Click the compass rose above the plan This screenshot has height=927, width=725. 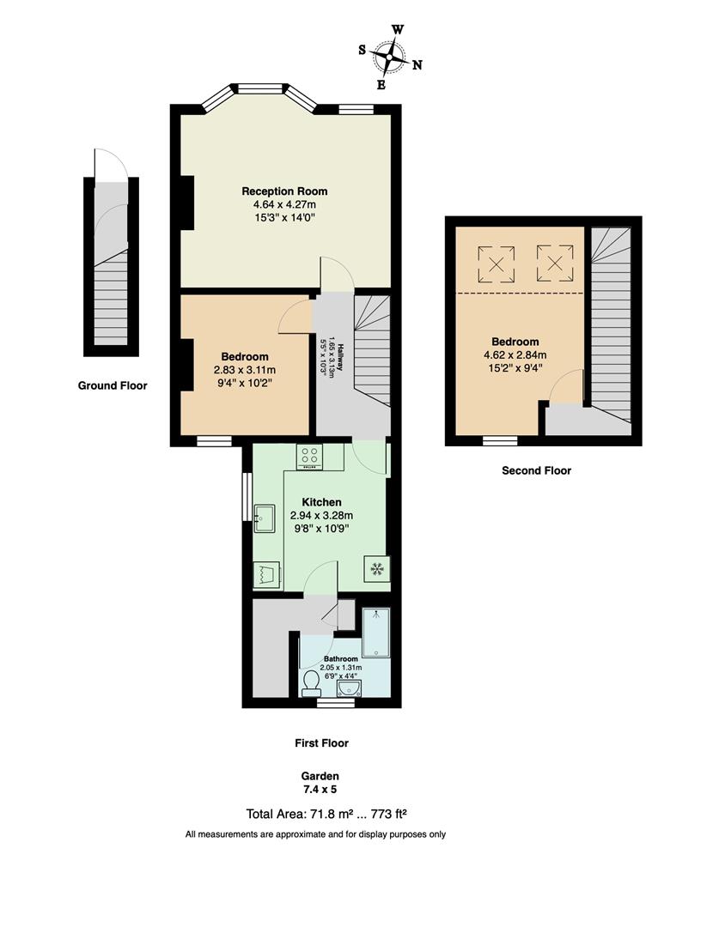point(390,57)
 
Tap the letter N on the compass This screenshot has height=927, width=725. point(417,65)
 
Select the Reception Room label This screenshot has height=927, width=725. point(284,191)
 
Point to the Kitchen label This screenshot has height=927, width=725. point(321,502)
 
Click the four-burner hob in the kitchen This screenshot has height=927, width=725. point(309,457)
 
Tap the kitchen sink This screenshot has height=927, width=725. point(263,516)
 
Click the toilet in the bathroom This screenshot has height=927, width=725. point(311,683)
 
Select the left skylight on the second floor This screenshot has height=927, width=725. point(496,263)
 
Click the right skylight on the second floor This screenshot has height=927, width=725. point(555,263)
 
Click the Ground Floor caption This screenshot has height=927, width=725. point(113,386)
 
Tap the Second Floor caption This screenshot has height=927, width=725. point(536,470)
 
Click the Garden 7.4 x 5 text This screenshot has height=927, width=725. point(320,783)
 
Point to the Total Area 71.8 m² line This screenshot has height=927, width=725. point(320,814)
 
